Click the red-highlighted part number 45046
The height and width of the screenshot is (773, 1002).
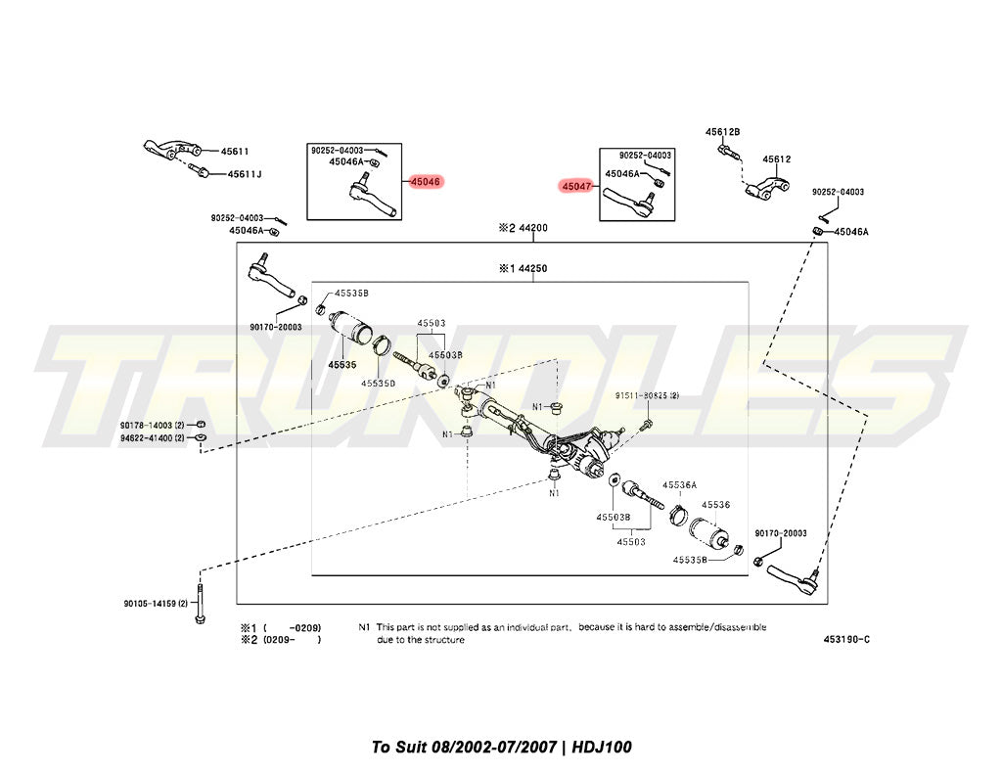point(426,181)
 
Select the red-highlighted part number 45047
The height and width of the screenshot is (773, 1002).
point(576,184)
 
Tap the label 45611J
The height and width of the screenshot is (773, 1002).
point(245,174)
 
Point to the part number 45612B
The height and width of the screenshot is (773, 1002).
point(723,131)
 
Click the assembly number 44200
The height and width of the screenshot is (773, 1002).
point(532,227)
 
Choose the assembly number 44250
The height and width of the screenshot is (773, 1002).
point(532,267)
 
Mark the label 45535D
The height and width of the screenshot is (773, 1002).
point(378,383)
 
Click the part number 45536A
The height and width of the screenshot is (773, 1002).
point(679,484)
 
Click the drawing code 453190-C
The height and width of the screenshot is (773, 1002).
point(846,640)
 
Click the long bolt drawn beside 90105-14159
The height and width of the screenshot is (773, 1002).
point(200,600)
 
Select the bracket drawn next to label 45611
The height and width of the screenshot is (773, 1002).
point(170,150)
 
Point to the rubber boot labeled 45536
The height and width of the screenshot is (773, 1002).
point(707,531)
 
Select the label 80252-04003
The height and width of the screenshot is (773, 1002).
point(238,217)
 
